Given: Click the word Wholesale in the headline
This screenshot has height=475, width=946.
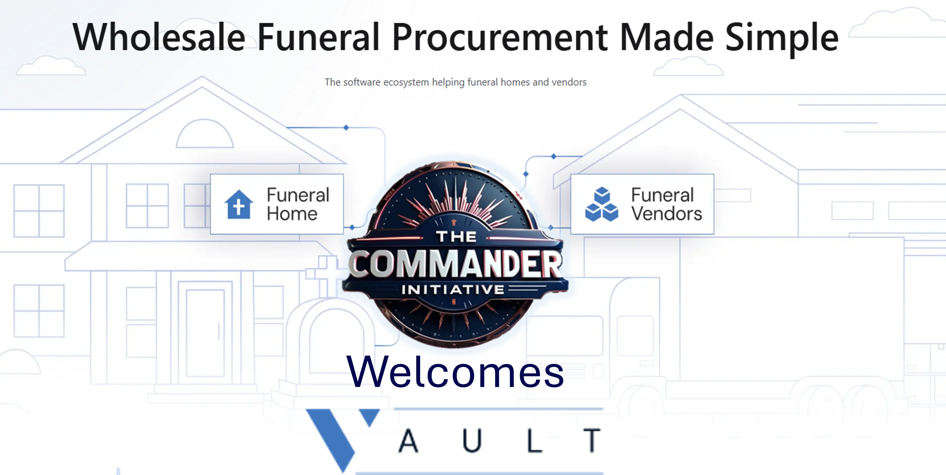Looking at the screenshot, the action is point(159,37).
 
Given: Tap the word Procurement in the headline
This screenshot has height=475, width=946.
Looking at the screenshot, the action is point(500,37).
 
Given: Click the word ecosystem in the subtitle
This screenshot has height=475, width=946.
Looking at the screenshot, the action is point(406,82).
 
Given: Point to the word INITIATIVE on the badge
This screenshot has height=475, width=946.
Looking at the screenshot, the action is point(453,290).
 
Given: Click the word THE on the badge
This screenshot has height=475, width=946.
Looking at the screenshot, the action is point(456,237).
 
